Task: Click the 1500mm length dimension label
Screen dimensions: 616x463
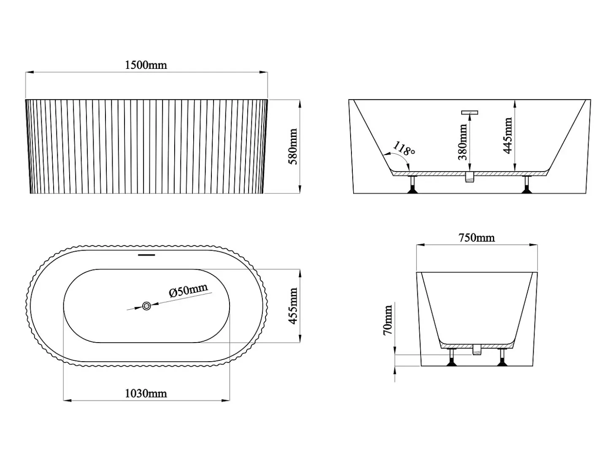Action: pyautogui.click(x=146, y=65)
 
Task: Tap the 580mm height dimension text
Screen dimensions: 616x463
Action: pyautogui.click(x=293, y=146)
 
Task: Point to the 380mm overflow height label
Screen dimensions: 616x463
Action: pyautogui.click(x=462, y=142)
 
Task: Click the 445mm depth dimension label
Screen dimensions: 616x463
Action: pyautogui.click(x=508, y=136)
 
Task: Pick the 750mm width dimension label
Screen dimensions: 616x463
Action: pyautogui.click(x=476, y=238)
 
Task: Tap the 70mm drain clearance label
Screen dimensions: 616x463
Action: pyautogui.click(x=388, y=320)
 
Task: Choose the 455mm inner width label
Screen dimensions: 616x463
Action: pyautogui.click(x=293, y=306)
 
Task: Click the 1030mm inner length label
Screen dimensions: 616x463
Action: pyautogui.click(x=146, y=394)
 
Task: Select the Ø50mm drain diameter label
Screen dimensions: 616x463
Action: pyautogui.click(x=189, y=290)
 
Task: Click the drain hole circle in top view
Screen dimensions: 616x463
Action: pyautogui.click(x=146, y=306)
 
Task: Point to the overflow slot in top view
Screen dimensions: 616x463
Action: pyautogui.click(x=146, y=255)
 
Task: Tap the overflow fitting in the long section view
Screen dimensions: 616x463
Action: pyautogui.click(x=470, y=113)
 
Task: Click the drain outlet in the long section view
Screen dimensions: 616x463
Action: pyautogui.click(x=470, y=177)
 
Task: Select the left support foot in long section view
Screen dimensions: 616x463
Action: pyautogui.click(x=413, y=185)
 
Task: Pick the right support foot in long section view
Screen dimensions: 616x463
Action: pyautogui.click(x=527, y=185)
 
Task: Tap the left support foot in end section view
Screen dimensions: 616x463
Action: pyautogui.click(x=452, y=357)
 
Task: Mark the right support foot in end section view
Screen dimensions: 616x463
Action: pyautogui.click(x=502, y=357)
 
